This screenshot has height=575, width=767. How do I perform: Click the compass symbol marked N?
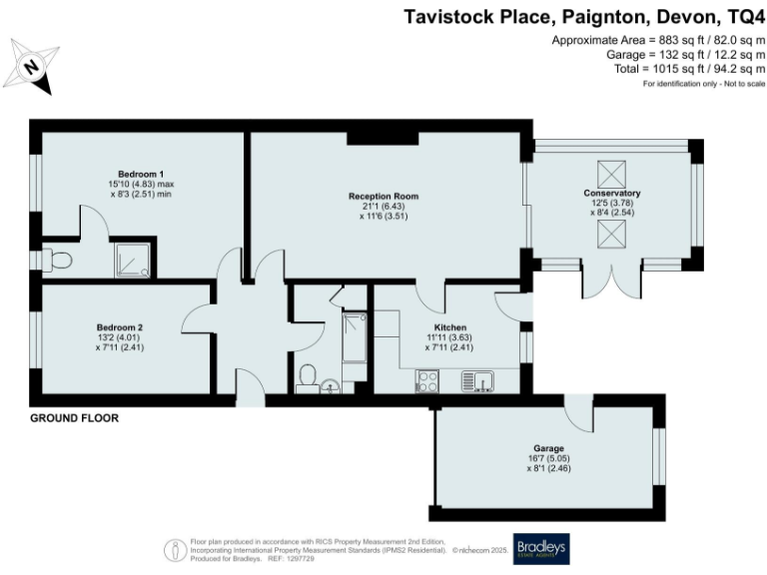click(x=31, y=68)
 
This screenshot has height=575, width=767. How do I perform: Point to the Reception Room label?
click(x=383, y=196)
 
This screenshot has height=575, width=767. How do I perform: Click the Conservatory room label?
click(x=611, y=193)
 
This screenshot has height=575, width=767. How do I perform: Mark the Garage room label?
click(x=547, y=448)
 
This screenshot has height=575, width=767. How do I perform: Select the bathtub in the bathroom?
click(x=354, y=337)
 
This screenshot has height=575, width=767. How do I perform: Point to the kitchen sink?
click(x=475, y=380)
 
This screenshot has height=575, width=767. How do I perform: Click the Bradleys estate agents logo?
click(x=540, y=548)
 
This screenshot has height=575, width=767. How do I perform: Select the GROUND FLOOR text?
click(x=74, y=418)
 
